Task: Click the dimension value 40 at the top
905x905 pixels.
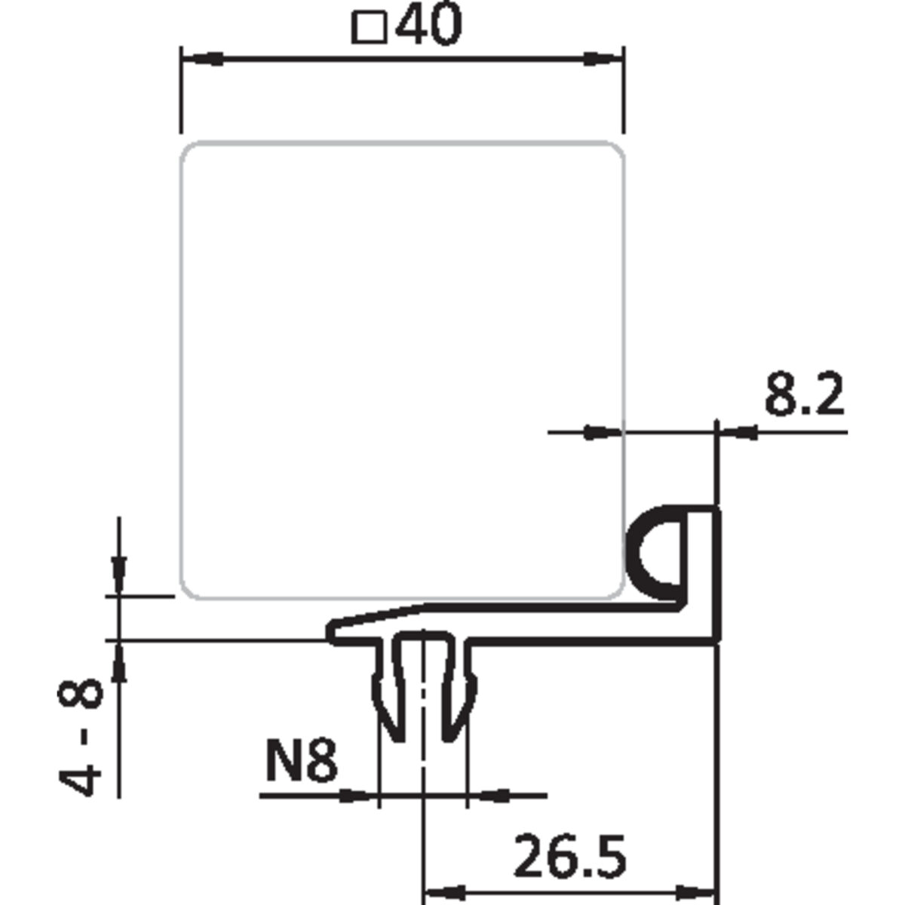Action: [426, 25]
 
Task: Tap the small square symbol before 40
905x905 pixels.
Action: [370, 28]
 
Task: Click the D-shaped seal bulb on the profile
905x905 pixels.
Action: [653, 547]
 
